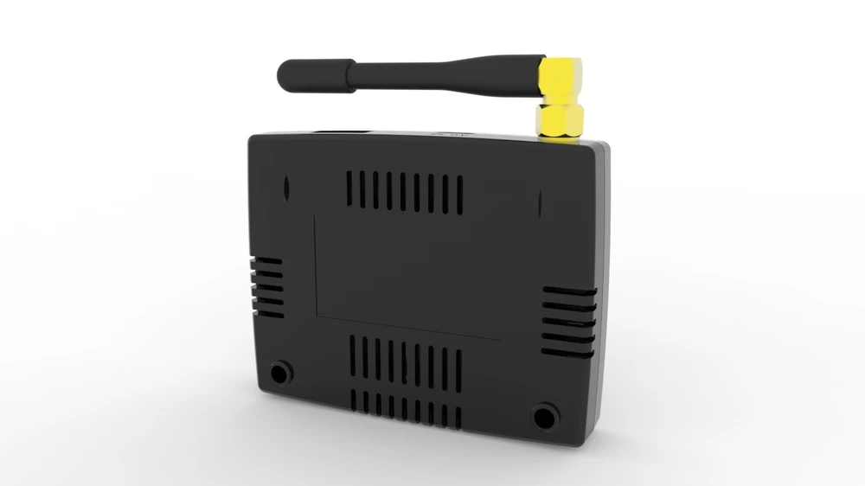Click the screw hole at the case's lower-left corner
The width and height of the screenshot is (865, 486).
[x=279, y=373]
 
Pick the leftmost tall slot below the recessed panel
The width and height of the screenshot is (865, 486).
[x=353, y=355]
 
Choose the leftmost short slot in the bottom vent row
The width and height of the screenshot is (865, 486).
[x=354, y=400]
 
